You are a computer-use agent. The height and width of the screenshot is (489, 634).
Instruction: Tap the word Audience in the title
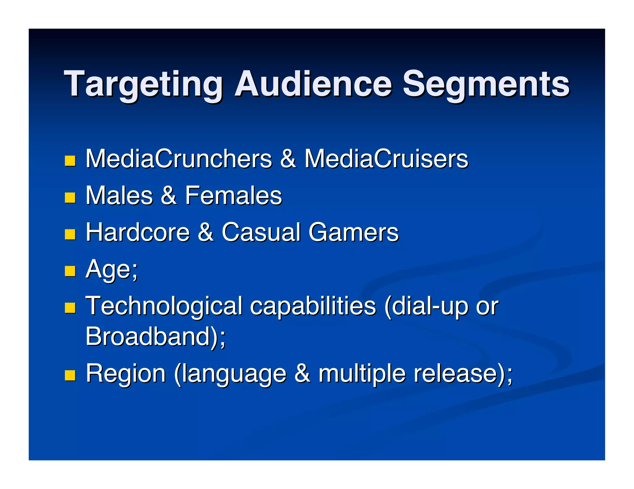click(x=313, y=84)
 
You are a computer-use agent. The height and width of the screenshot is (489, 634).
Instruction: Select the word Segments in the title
click(x=486, y=84)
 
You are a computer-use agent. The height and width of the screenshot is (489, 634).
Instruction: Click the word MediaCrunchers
click(x=179, y=159)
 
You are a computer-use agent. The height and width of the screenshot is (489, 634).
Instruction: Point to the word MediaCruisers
click(x=386, y=159)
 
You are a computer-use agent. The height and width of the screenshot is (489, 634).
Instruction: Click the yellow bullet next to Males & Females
click(x=70, y=198)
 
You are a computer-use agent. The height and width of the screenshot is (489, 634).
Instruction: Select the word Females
click(x=233, y=195)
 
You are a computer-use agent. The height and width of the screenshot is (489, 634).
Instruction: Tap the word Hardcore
click(x=137, y=232)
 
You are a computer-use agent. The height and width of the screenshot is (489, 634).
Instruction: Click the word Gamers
click(x=354, y=232)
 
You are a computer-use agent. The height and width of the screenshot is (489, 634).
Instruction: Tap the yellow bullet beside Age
click(x=70, y=271)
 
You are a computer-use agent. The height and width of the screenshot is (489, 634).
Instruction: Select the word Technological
click(x=164, y=306)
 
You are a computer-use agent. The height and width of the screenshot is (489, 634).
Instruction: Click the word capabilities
click(x=313, y=306)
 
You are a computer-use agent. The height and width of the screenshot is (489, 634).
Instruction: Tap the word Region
click(x=126, y=373)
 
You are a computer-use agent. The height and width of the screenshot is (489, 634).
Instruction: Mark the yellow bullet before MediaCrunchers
click(x=70, y=161)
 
